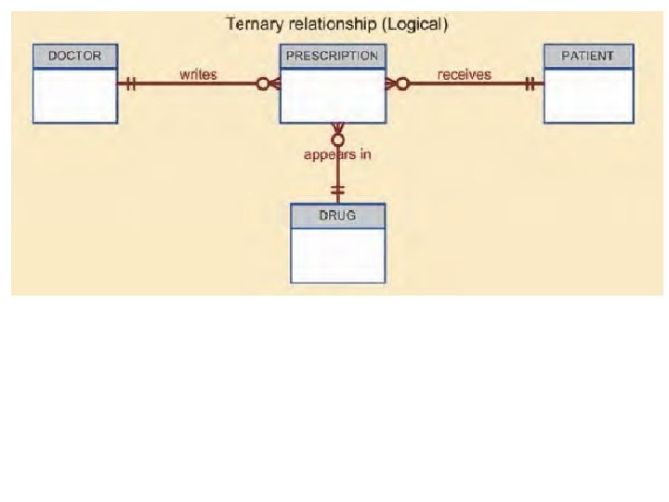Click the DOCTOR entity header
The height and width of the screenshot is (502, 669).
click(x=75, y=56)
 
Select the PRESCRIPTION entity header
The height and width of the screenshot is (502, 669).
click(x=333, y=56)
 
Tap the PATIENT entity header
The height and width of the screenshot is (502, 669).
click(x=588, y=56)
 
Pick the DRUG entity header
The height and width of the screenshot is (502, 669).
click(x=338, y=216)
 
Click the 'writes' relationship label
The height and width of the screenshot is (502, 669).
click(x=198, y=73)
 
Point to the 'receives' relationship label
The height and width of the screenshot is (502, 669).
click(x=465, y=73)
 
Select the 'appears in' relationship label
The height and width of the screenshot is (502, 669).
click(x=337, y=154)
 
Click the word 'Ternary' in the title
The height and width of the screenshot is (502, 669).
click(x=256, y=23)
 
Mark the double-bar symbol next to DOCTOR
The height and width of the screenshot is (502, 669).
click(x=131, y=84)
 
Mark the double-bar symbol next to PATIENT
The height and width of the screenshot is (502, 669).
click(x=530, y=84)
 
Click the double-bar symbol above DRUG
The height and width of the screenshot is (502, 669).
click(x=338, y=191)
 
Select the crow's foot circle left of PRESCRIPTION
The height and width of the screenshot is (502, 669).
click(x=263, y=84)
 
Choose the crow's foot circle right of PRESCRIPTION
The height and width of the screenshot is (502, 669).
click(x=402, y=84)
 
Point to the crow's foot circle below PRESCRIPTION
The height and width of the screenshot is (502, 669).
click(x=338, y=139)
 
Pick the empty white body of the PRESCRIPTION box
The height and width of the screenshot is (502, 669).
click(x=333, y=100)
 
